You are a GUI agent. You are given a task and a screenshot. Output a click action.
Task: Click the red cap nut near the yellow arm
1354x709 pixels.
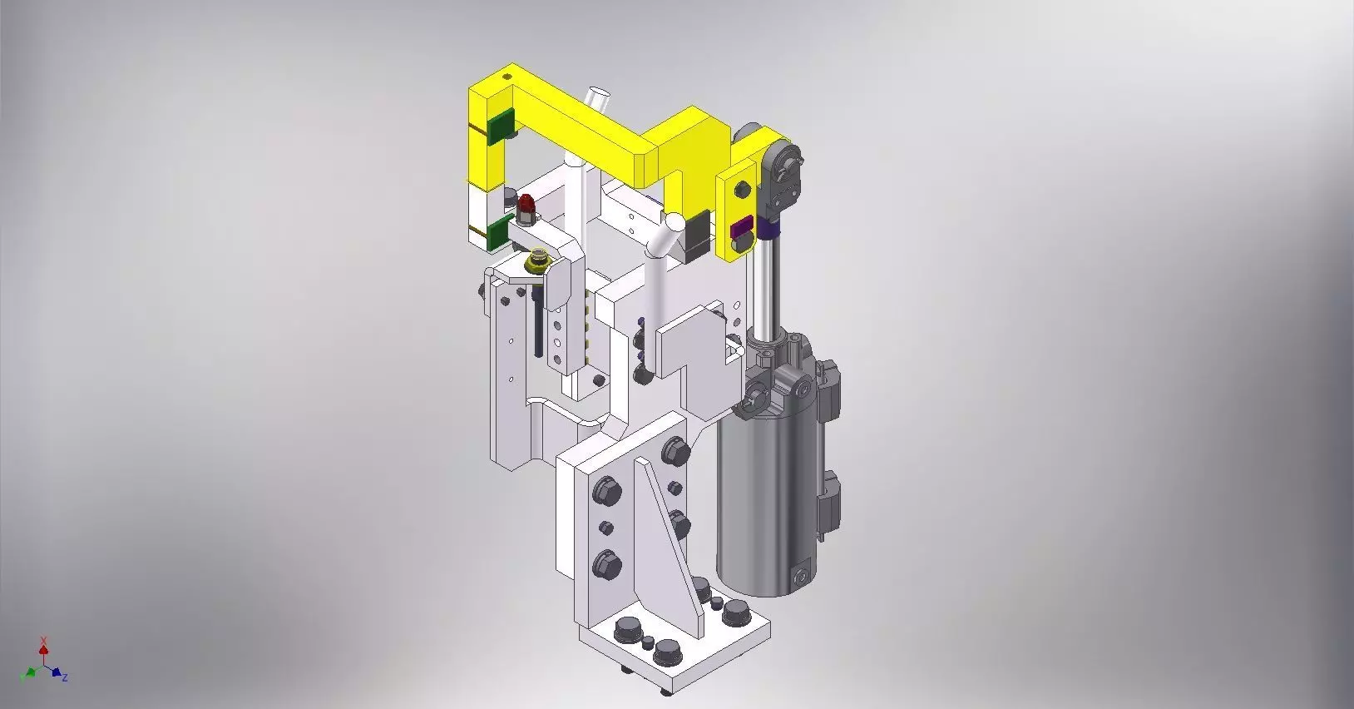coord(526,203)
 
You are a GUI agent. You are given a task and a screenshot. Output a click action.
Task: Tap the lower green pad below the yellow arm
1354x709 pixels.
coord(499,232)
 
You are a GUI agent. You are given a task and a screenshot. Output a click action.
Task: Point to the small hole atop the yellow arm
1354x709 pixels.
coord(505,78)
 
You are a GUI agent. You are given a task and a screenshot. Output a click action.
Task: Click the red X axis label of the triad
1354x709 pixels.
coord(43,642)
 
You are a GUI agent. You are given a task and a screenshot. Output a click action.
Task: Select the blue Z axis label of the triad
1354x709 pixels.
coord(64,677)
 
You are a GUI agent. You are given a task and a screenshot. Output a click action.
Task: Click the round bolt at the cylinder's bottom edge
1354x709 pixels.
coord(800,576)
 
